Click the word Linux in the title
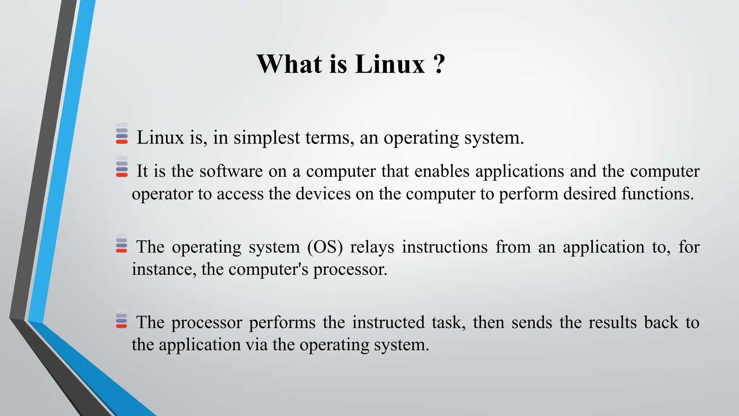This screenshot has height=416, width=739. pos(390,64)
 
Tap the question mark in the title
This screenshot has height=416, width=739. pos(439,64)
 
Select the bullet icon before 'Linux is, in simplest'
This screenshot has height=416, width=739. pos(122,134)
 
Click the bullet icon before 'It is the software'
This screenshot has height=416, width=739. pos(122,166)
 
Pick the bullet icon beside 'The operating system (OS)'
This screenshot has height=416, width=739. pos(122,243)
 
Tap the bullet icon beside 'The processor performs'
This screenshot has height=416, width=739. pos(122,318)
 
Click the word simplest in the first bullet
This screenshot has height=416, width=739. pos(267,138)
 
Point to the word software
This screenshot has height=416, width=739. pos(231,171)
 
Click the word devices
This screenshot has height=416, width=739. pos(323,194)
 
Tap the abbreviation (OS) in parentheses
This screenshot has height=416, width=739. pos(325,247)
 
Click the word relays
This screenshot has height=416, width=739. pos(372,247)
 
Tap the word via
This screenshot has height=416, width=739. pos(257,345)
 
